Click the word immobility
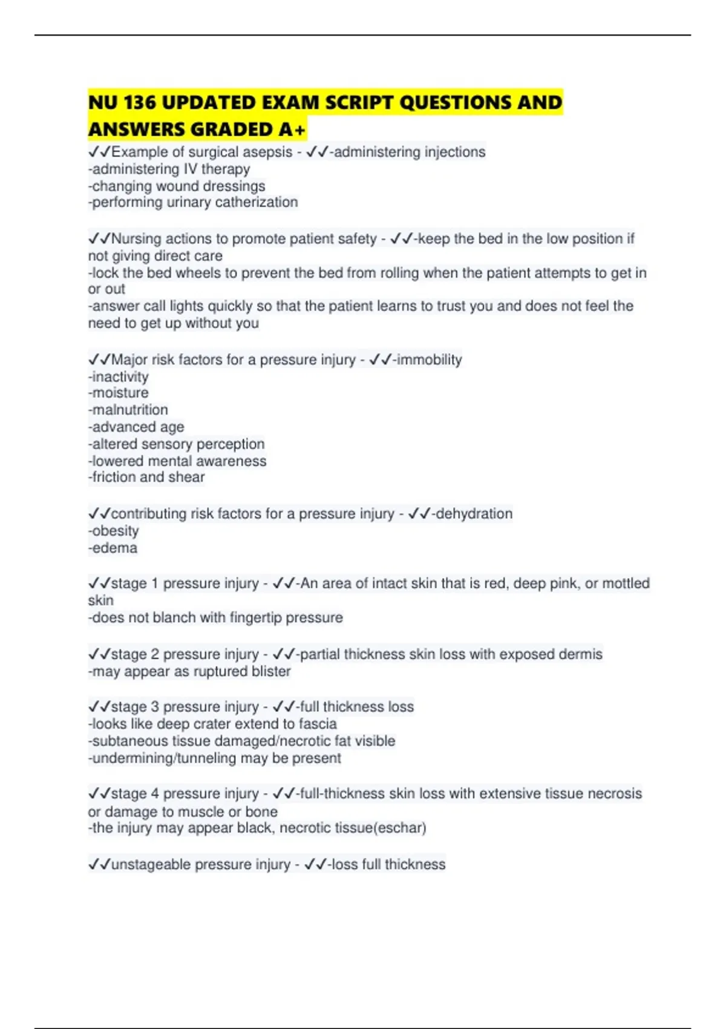coord(429,360)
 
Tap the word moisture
coord(120,393)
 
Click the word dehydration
coord(474,514)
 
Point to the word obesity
coord(115,531)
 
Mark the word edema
coord(114,548)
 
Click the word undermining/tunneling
coord(164,758)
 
